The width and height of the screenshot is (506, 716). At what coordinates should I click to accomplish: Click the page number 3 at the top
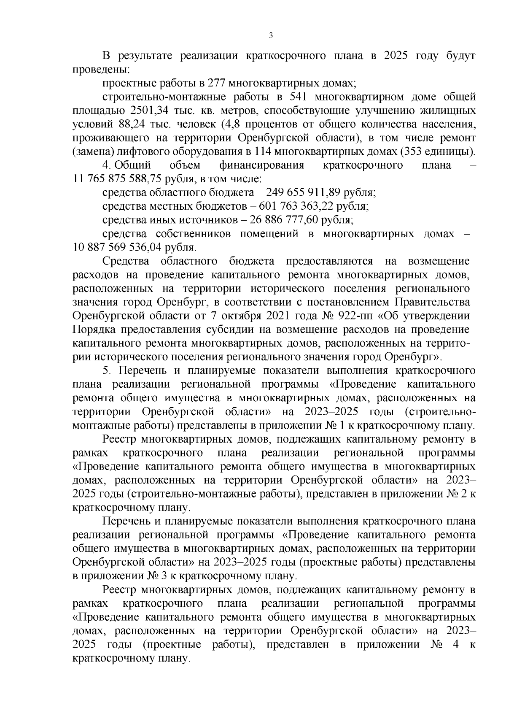[271, 36]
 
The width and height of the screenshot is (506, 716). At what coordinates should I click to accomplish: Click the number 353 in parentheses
[417, 152]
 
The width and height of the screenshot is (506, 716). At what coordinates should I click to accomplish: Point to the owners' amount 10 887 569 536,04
[117, 247]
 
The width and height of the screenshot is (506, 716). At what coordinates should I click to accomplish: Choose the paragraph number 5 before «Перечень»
[107, 371]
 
